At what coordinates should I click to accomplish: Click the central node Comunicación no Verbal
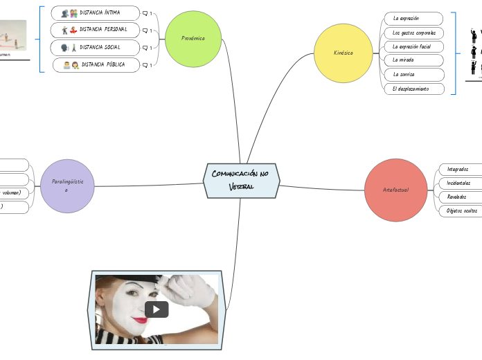pyautogui.click(x=241, y=180)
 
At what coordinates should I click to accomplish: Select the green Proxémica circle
pyautogui.click(x=193, y=39)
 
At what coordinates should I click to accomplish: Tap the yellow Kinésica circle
pyautogui.click(x=343, y=53)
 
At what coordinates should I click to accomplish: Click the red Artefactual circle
pyautogui.click(x=395, y=190)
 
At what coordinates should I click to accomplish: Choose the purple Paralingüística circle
pyautogui.click(x=67, y=185)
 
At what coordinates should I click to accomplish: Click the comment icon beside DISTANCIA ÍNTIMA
pyautogui.click(x=145, y=13)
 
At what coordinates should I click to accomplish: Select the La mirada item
pyautogui.click(x=413, y=60)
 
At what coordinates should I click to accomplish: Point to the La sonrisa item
pyautogui.click(x=413, y=74)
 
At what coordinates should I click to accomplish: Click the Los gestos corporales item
pyautogui.click(x=413, y=33)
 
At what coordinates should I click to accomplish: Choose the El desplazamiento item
pyautogui.click(x=413, y=89)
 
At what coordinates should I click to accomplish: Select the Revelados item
pyautogui.click(x=456, y=197)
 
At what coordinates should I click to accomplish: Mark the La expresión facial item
pyautogui.click(x=413, y=46)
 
